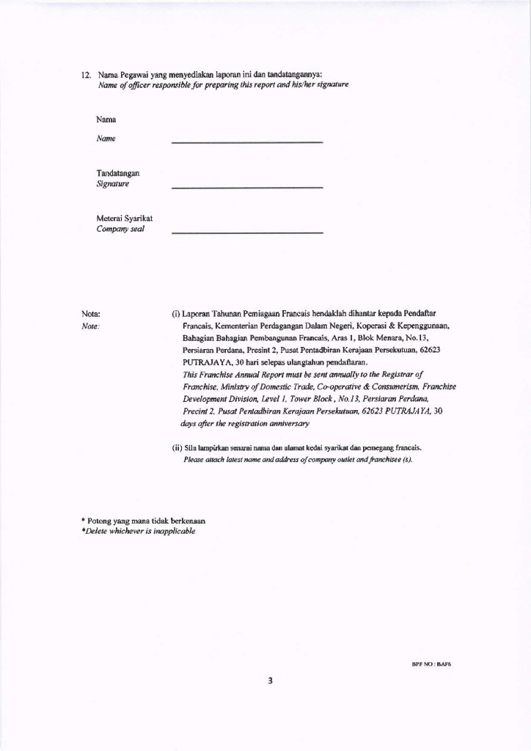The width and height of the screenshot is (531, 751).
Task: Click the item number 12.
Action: point(85,75)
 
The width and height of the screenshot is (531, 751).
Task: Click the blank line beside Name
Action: point(246,141)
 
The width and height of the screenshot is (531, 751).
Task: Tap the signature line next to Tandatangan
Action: point(246,188)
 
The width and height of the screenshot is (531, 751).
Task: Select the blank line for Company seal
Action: point(246,232)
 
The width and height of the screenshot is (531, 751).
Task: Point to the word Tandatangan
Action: point(118,173)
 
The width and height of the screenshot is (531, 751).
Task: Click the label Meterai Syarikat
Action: point(125,219)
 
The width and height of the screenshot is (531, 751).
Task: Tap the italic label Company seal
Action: point(120,229)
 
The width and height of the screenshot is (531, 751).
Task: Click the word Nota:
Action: point(90,314)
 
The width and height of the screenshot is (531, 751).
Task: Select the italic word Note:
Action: point(90,326)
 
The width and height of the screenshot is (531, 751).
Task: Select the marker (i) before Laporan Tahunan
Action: point(175,314)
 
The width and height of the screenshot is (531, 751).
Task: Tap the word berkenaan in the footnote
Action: point(183,520)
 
